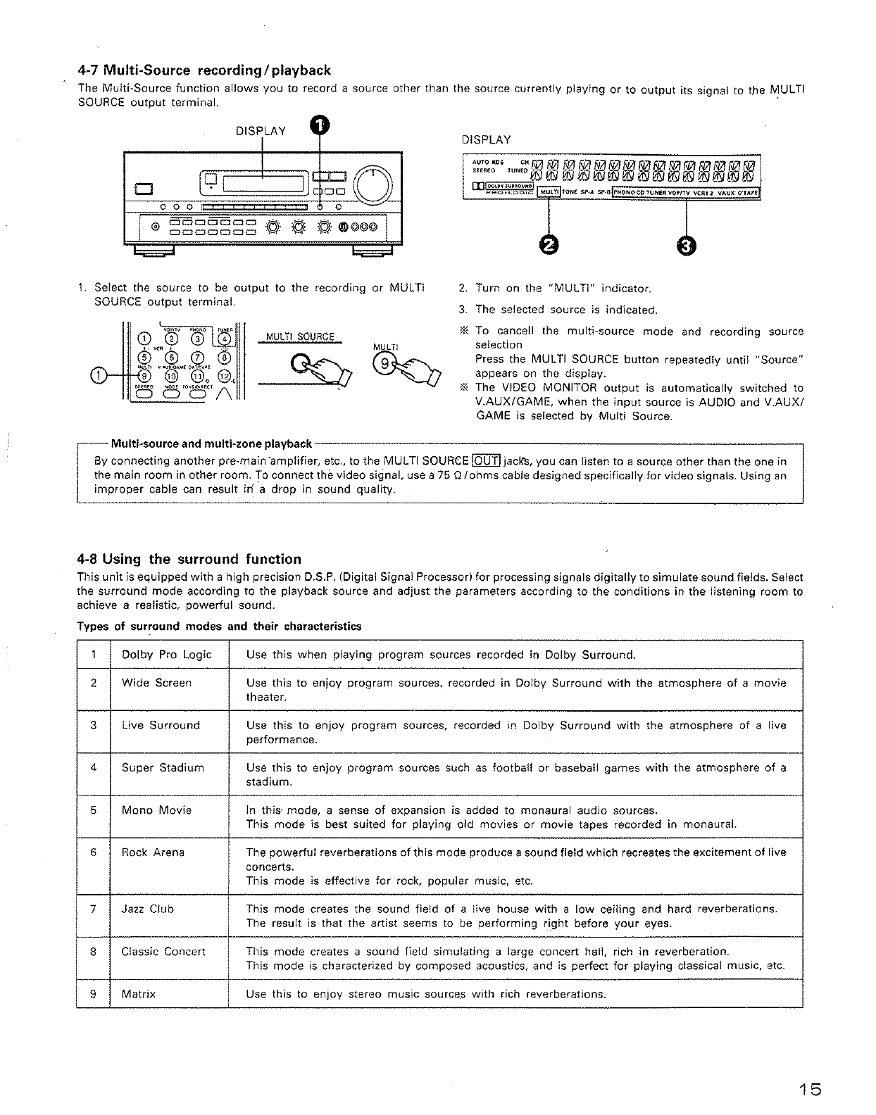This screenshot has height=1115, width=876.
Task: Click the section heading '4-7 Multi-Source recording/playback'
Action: (204, 70)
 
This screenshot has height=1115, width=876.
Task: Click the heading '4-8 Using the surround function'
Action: (189, 560)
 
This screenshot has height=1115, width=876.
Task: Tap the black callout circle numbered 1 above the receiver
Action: (320, 126)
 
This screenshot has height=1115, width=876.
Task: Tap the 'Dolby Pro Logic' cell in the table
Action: (166, 655)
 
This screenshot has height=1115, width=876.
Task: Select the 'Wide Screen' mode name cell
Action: (156, 683)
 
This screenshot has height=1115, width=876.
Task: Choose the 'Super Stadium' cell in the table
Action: (163, 768)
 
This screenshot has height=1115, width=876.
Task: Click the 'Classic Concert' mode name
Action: (163, 952)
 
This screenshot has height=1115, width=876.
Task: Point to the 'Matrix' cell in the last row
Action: (138, 995)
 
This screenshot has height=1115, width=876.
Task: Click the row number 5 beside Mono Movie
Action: (93, 810)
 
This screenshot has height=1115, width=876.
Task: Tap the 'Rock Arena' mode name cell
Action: (153, 852)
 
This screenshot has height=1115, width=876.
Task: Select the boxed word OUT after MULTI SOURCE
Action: (485, 462)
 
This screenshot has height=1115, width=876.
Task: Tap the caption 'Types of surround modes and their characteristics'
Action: (219, 626)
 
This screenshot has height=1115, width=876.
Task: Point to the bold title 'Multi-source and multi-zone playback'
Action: (211, 443)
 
